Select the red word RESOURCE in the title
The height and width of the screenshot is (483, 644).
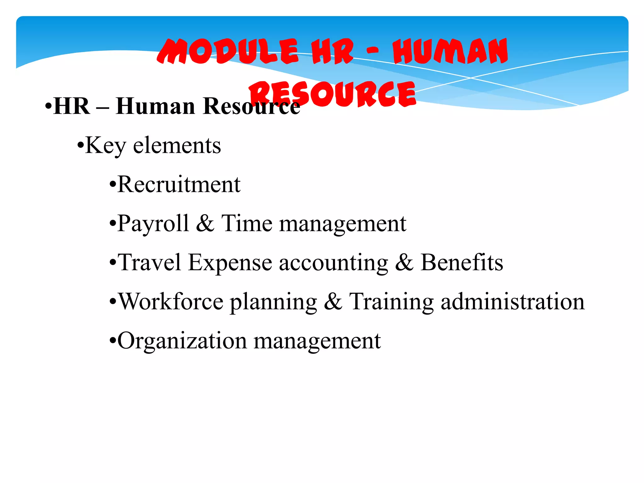333,94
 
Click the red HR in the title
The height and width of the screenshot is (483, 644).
333,52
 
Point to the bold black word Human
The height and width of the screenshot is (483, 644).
155,106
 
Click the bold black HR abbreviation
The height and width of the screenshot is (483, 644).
72,106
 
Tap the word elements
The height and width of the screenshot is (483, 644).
177,145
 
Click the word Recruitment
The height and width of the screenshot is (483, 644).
179,184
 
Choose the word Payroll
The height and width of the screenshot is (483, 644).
153,224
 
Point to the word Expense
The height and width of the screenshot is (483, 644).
230,263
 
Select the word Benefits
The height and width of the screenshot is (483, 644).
462,262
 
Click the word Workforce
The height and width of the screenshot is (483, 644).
170,301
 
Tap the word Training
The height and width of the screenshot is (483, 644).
391,302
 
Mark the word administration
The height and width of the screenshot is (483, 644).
513,301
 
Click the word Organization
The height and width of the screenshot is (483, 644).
182,341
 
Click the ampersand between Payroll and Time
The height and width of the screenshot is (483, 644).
205,223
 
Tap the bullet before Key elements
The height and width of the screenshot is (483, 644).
80,146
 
